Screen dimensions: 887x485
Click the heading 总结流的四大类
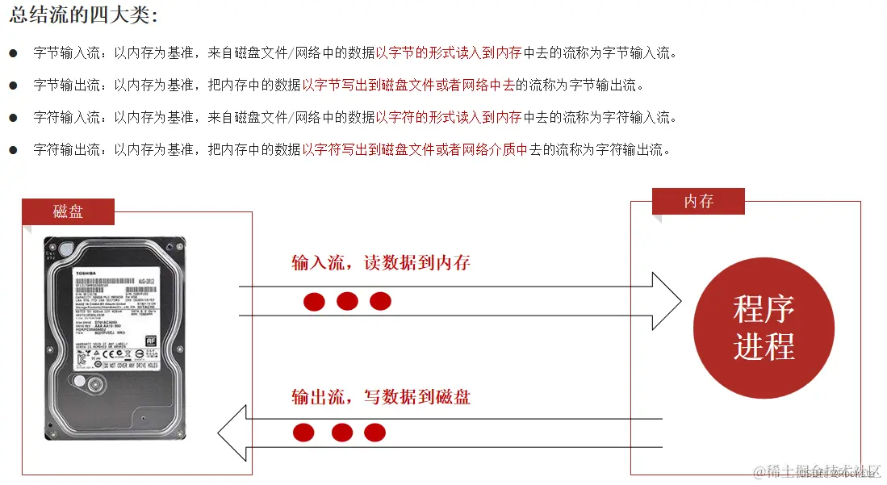click(84, 15)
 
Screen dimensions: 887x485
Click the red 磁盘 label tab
click(68, 211)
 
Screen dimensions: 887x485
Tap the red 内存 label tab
click(698, 201)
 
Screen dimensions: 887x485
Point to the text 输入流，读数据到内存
click(381, 263)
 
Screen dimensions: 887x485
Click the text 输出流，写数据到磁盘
click(381, 396)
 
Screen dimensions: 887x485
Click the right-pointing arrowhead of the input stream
click(667, 301)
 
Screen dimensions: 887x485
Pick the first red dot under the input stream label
click(314, 302)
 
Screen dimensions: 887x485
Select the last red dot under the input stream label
click(380, 302)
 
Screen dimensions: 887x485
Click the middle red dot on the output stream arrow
click(342, 433)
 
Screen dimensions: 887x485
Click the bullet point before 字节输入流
click(13, 53)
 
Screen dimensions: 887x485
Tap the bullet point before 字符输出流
click(13, 150)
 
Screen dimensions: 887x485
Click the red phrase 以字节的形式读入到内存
click(449, 53)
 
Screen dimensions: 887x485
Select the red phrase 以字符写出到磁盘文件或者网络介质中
click(415, 150)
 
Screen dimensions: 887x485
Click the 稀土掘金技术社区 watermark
click(815, 470)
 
